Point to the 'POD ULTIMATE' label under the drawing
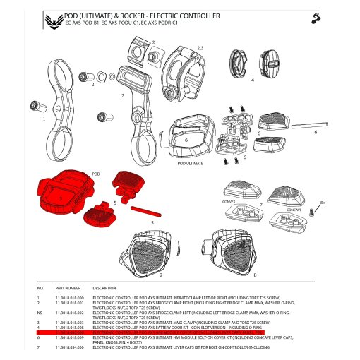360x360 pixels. point(191,162)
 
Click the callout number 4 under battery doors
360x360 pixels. point(252,80)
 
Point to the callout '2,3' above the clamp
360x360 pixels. point(200,47)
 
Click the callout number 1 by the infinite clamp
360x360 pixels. point(44,119)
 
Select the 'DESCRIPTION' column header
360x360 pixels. point(104,288)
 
